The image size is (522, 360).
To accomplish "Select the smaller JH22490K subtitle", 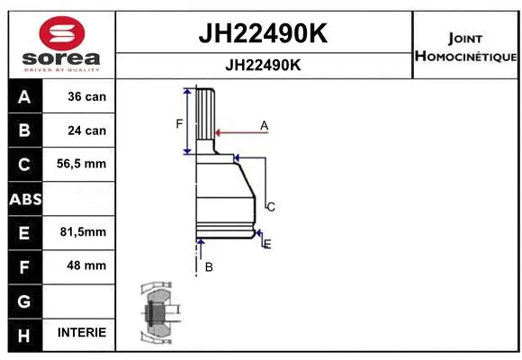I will tap(262, 66).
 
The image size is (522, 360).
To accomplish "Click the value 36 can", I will tap(87, 96).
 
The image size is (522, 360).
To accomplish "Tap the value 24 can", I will tap(87, 130).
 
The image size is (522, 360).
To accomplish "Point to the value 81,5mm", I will tap(84, 232).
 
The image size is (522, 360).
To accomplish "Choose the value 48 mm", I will tap(87, 265).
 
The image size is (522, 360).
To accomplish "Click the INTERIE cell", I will tap(82, 333).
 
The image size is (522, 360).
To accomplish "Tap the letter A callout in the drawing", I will tap(265, 125).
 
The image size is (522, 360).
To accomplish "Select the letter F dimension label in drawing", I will tap(179, 123).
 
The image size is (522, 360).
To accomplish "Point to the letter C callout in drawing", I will tap(270, 207).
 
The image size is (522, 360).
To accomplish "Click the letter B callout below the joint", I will tap(208, 267).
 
